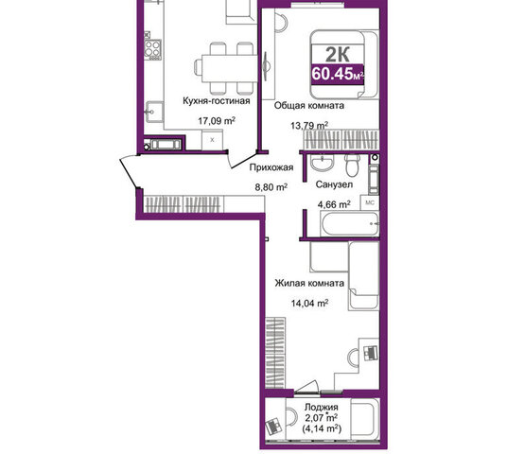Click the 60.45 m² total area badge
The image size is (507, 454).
(x=338, y=75)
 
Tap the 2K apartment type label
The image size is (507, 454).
(x=338, y=54)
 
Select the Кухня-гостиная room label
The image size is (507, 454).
(x=217, y=100)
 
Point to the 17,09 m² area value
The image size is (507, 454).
(x=217, y=121)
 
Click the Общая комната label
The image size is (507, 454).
(x=309, y=105)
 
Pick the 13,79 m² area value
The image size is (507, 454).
(x=309, y=125)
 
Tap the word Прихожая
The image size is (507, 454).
(x=271, y=167)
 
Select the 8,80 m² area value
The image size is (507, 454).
(x=271, y=187)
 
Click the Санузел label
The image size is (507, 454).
(x=334, y=184)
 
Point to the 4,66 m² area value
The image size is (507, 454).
(x=334, y=204)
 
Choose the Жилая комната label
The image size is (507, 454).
(x=309, y=283)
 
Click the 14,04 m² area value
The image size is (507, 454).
(x=309, y=304)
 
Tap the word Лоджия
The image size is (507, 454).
(x=322, y=407)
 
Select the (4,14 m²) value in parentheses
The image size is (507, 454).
(x=322, y=428)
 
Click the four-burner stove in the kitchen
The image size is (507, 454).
(x=152, y=48)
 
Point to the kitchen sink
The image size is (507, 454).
(x=154, y=112)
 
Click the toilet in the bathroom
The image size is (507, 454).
(x=352, y=165)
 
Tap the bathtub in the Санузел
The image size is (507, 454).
(x=349, y=224)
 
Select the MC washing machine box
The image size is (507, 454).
(x=370, y=202)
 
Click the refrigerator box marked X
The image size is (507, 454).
(x=212, y=140)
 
